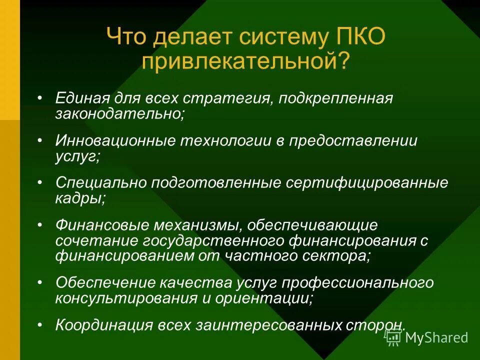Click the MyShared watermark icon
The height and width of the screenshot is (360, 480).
tap(394, 337)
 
